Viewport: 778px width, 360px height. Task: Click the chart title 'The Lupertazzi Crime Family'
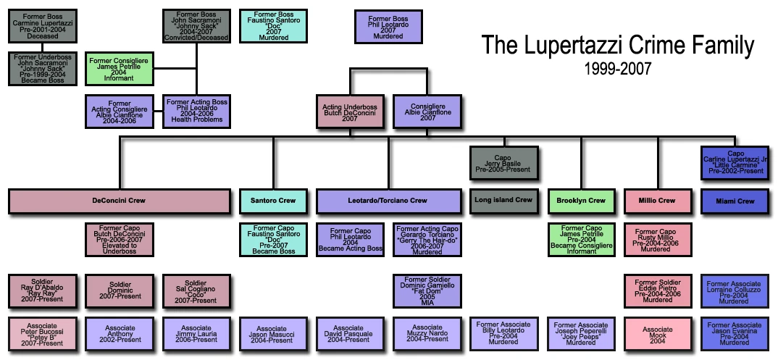coord(618,47)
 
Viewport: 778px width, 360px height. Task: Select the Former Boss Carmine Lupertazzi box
coord(42,26)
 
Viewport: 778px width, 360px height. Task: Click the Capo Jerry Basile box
coord(503,162)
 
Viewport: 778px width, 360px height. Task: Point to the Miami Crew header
coord(735,201)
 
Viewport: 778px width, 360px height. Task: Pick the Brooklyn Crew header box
coord(581,201)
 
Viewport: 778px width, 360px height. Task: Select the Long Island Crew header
coord(503,201)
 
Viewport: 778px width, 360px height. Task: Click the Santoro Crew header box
coord(274,201)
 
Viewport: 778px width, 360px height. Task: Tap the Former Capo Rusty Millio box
coord(658,240)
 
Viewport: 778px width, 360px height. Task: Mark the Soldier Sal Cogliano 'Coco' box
coord(196,290)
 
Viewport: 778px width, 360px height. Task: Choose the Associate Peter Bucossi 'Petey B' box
coord(42,334)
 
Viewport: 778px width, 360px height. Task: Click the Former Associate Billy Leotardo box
coord(503,334)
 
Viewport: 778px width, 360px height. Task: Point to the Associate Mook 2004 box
coord(658,334)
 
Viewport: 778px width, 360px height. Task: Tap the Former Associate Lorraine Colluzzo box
coord(735,290)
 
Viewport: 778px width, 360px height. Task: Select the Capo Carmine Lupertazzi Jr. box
coord(735,162)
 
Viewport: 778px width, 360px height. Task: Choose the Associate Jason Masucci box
coord(274,334)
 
